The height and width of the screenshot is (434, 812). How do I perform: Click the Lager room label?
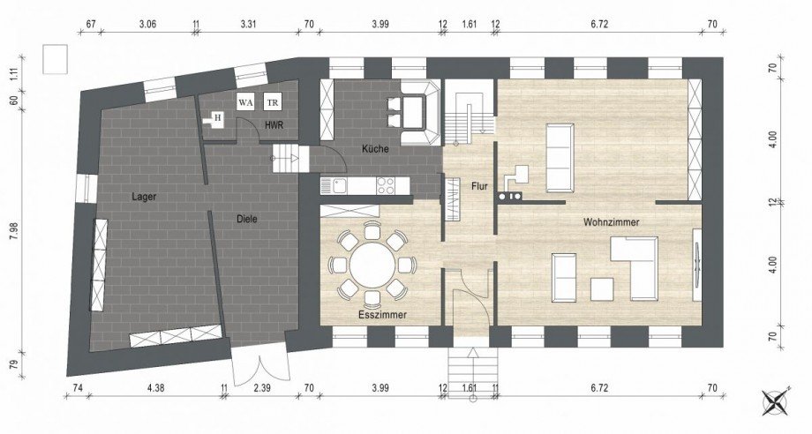[144, 197]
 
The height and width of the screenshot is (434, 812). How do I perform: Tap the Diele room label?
[247, 219]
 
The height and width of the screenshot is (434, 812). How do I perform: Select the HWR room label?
[274, 125]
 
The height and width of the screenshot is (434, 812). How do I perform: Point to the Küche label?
[375, 149]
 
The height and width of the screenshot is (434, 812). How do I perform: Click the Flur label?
[479, 186]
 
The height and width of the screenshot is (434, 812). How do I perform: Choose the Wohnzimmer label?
[611, 222]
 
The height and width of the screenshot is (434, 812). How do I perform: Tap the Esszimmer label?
[383, 315]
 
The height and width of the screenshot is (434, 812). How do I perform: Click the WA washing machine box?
[246, 102]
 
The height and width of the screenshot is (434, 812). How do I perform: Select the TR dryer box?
[273, 102]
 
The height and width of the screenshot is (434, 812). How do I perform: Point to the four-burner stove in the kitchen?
[386, 186]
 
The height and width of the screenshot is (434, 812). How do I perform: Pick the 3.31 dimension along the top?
[249, 23]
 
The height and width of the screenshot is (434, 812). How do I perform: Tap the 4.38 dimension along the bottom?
[155, 387]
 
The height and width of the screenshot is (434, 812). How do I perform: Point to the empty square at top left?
[55, 59]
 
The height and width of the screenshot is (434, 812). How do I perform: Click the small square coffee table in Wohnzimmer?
[602, 289]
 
